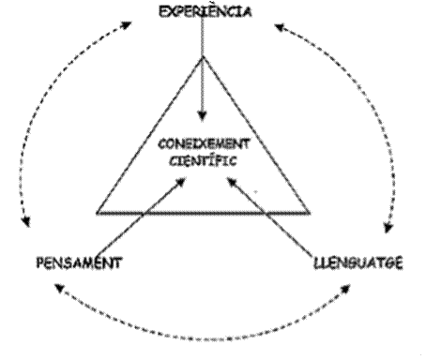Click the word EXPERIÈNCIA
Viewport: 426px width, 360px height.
pos(205,11)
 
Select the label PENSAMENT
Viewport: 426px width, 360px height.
pos(79,262)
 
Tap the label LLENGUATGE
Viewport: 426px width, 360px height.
pos(358,262)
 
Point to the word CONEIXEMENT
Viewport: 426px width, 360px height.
pos(204,144)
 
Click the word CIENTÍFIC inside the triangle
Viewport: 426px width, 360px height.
pos(203,161)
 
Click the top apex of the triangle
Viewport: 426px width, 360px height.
pos(203,57)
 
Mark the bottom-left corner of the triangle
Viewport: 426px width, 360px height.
pos(97,214)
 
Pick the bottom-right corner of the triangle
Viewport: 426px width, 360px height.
pos(310,214)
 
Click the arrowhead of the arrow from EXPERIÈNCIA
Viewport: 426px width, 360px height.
pos(203,116)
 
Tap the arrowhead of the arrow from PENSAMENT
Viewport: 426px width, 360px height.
pos(181,182)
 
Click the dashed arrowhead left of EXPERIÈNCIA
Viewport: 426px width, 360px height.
pos(127,24)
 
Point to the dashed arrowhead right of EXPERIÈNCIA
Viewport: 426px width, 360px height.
pos(279,27)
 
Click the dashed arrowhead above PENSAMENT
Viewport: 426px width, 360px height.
pos(26,221)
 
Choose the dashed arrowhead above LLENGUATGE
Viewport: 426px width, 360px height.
pos(388,228)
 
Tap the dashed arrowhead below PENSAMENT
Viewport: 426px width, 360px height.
pos(59,288)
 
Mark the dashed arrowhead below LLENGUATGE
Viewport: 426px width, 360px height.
pos(346,289)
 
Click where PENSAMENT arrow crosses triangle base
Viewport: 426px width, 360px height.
pos(144,214)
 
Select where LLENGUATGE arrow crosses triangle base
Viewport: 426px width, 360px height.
pos(265,214)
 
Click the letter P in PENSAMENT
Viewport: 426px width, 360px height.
pos(40,262)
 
